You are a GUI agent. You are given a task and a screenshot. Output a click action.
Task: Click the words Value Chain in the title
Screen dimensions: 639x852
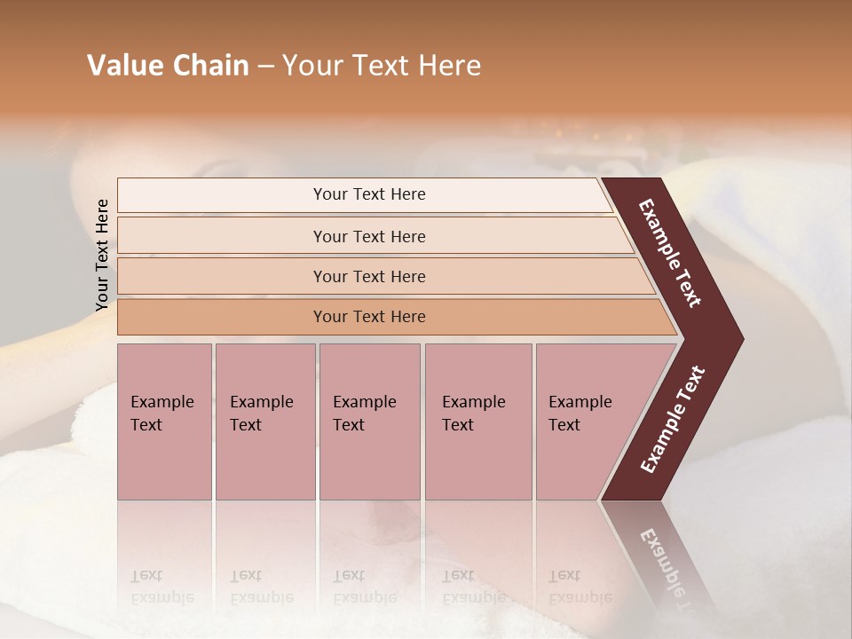point(168,66)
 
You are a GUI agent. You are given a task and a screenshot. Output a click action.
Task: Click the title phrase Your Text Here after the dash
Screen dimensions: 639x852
point(382,66)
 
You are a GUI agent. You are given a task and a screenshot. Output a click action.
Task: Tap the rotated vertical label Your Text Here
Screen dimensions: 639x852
point(102,255)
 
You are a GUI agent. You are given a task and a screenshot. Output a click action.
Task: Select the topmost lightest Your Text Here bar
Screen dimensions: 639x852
point(369,194)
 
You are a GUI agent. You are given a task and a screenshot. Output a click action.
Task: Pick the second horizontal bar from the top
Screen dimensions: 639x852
point(369,236)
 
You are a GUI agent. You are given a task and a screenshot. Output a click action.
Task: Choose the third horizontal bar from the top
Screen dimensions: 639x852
point(369,276)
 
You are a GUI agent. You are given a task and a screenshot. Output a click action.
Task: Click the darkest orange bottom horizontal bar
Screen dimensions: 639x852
point(369,317)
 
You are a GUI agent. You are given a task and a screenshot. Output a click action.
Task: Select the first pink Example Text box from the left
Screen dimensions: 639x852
point(164,422)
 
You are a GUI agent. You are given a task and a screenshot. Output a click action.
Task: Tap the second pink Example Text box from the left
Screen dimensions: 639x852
point(264,422)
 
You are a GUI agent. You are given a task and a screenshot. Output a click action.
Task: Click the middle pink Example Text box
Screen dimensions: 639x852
point(369,422)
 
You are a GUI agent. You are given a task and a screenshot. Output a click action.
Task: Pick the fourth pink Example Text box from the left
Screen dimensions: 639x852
point(477,422)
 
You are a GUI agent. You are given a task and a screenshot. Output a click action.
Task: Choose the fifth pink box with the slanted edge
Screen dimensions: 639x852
point(586,422)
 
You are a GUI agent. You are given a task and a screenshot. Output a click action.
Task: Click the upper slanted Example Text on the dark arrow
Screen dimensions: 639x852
point(671,254)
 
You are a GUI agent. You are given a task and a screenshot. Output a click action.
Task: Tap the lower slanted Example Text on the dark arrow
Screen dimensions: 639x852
point(673,420)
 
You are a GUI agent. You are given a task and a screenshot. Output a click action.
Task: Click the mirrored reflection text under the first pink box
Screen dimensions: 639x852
point(162,588)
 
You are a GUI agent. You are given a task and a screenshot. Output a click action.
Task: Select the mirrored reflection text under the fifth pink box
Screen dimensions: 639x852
point(580,588)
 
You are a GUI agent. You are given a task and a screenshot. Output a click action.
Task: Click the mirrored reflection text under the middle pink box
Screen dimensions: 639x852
point(364,588)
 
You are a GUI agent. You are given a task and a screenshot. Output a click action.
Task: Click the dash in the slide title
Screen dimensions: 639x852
point(265,67)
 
